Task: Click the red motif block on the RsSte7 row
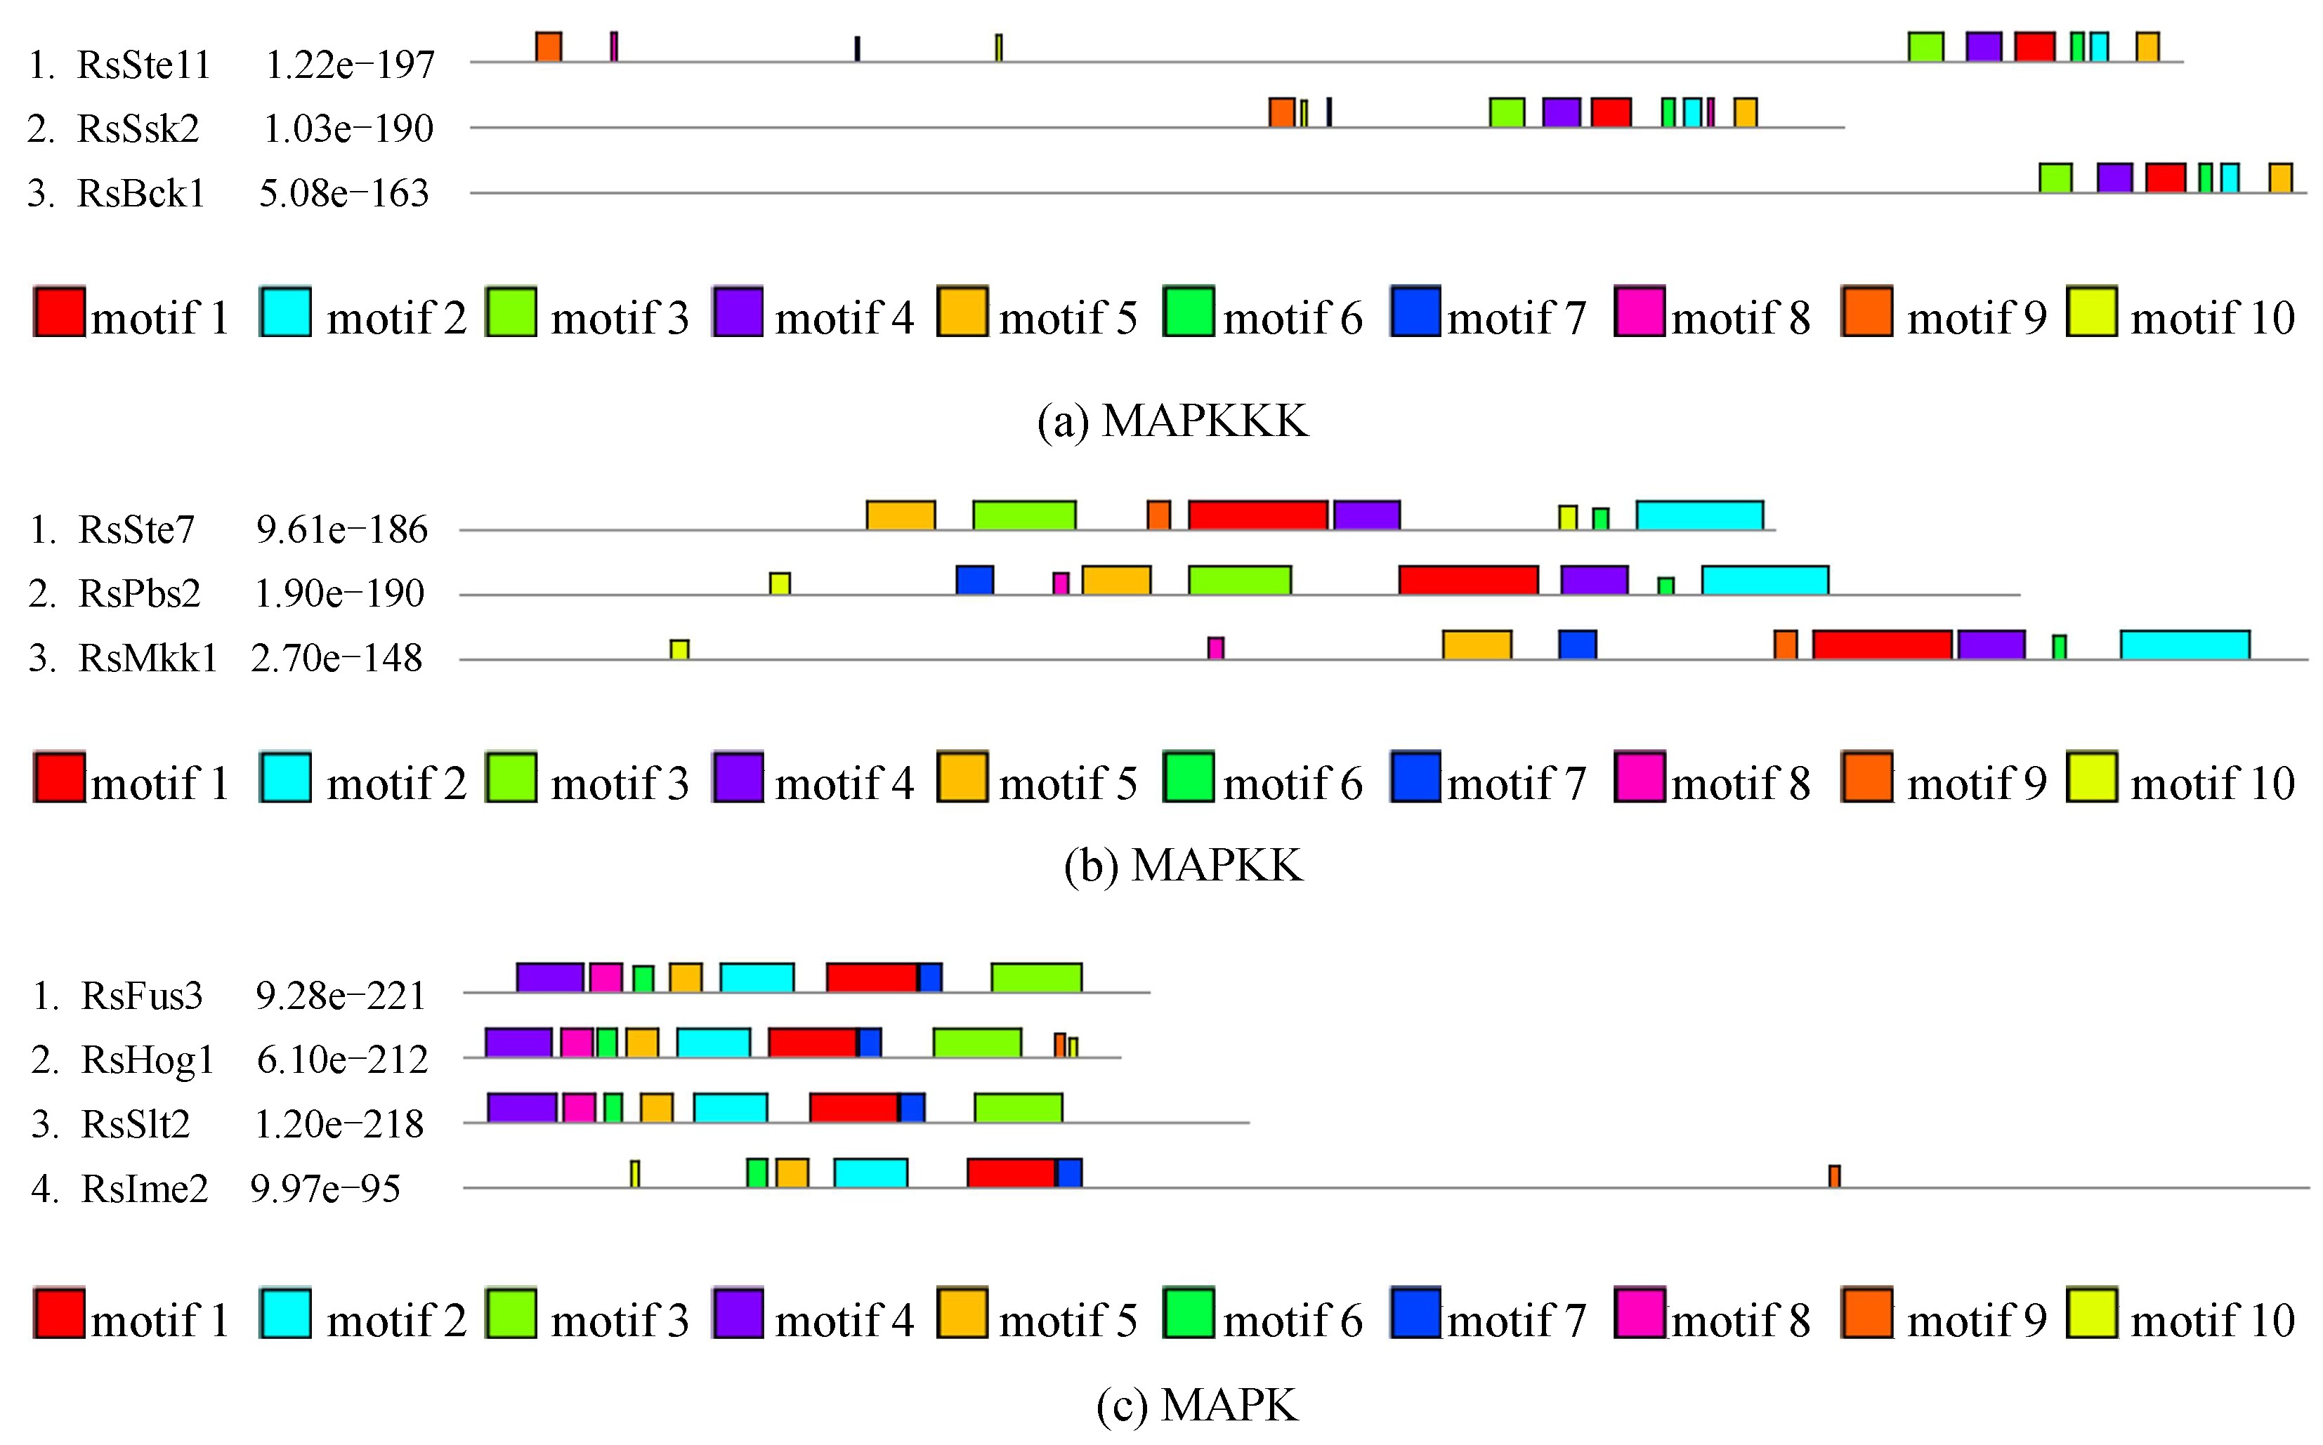pos(1258,515)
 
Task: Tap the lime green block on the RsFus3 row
pos(1036,977)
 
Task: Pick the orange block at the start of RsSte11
pos(549,47)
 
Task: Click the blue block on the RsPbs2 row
pos(975,580)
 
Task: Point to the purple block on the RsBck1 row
pos(2114,178)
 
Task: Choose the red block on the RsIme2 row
pos(1012,1173)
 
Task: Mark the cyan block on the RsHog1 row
pos(713,1043)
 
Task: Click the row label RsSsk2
pos(138,128)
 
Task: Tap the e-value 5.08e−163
pos(344,193)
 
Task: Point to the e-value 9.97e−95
pos(325,1189)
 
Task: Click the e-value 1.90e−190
pos(339,593)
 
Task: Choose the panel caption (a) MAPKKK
pos(1173,421)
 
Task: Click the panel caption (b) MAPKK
pos(1184,866)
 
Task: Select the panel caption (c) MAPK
pos(1198,1405)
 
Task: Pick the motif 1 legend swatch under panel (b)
pos(59,777)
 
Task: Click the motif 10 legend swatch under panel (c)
pos(2092,1313)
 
